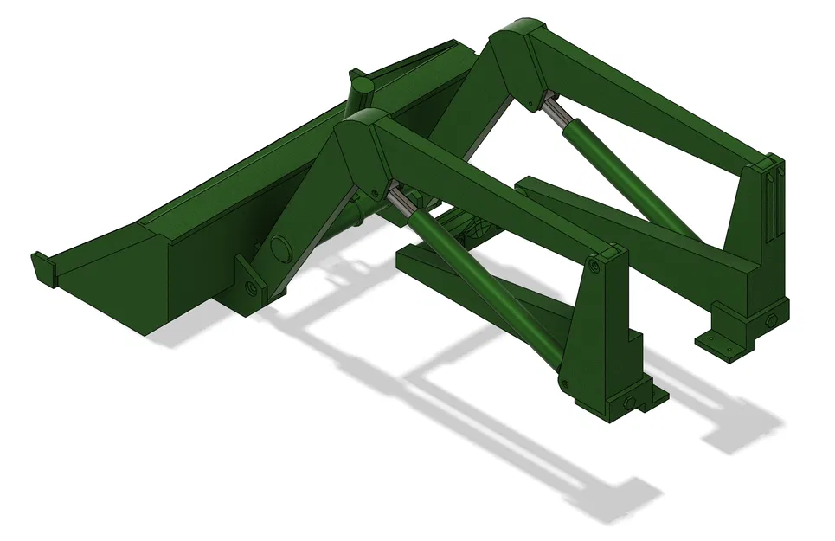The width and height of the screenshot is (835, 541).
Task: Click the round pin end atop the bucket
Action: point(362,84)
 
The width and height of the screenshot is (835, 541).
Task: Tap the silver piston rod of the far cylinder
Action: point(553,111)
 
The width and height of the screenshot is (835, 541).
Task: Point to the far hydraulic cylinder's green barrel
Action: point(632,177)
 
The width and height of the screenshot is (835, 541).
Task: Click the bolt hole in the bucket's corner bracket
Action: point(250,287)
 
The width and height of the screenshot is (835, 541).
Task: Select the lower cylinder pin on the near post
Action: point(564,383)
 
